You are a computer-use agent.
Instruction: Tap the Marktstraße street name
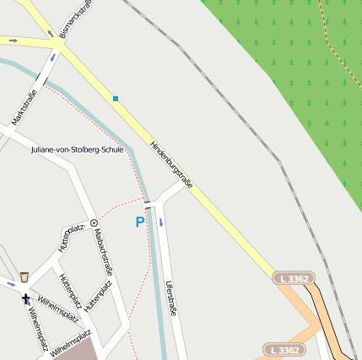23,106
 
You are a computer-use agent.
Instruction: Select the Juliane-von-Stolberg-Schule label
77,149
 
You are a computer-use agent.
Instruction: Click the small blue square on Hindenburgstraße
116,99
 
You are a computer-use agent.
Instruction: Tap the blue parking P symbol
140,223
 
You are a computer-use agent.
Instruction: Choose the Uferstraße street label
172,298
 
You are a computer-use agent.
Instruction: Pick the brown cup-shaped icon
24,277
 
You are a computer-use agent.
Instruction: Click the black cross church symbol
25,298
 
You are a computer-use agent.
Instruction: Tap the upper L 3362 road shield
294,277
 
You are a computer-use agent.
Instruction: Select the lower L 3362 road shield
283,349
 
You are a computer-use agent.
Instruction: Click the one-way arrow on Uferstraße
160,223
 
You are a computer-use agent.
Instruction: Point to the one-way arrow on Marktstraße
53,57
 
